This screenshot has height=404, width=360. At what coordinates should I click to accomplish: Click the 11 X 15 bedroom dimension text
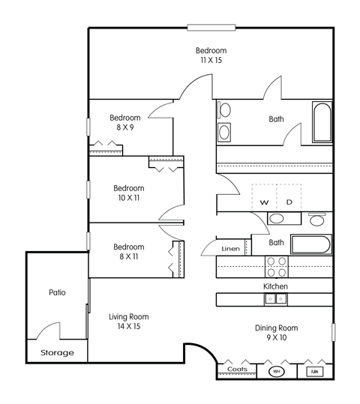(211, 61)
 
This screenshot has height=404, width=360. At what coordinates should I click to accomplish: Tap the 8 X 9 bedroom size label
(125, 128)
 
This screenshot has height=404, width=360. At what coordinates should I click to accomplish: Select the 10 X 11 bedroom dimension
(128, 198)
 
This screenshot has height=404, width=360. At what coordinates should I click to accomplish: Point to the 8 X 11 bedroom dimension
(128, 256)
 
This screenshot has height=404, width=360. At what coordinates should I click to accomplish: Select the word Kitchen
(275, 286)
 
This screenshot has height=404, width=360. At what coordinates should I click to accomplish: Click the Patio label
(57, 292)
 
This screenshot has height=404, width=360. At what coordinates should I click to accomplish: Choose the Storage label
(57, 352)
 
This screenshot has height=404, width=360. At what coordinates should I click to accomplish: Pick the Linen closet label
(230, 249)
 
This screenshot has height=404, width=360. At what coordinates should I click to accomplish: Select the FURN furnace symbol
(314, 371)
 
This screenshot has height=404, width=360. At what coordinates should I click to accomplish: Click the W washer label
(264, 202)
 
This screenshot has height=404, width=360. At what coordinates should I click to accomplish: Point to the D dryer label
(289, 202)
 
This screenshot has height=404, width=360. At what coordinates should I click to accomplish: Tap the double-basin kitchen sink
(274, 299)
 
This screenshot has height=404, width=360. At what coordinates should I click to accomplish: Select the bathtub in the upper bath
(322, 123)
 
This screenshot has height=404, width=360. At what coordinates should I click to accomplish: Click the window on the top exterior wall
(211, 28)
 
